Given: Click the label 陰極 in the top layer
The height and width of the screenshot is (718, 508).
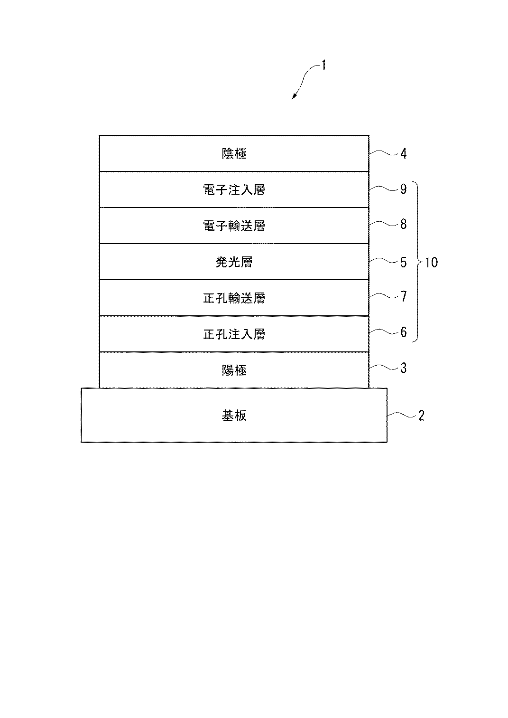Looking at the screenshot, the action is click(x=234, y=153).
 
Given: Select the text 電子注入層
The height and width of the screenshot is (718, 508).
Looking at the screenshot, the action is click(x=234, y=190).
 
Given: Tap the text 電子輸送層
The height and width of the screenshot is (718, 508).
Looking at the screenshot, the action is click(x=234, y=226).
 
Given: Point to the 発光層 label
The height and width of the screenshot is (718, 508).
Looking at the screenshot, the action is click(x=234, y=262).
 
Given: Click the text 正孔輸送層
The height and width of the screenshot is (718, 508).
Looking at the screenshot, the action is click(x=234, y=298).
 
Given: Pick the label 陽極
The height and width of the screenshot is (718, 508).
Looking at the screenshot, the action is click(x=234, y=370).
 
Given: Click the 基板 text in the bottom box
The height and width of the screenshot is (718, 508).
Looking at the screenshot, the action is click(x=234, y=416).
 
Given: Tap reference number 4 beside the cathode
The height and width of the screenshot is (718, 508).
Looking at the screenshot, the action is click(x=404, y=153).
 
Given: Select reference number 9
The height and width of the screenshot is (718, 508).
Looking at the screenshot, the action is click(x=404, y=189).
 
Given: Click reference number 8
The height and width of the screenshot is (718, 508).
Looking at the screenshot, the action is click(x=404, y=224).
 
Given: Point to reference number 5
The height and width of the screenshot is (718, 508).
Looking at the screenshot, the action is click(x=404, y=262).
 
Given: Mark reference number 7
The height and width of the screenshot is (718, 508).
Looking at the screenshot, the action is click(x=404, y=296).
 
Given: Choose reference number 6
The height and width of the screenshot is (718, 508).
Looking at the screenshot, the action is click(x=404, y=332).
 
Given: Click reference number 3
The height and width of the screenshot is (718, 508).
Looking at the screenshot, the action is click(x=404, y=368).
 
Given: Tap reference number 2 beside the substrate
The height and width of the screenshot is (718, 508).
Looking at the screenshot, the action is click(x=422, y=416).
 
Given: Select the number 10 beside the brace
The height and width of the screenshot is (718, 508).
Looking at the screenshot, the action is click(x=431, y=263).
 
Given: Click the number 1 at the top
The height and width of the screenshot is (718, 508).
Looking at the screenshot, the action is click(x=323, y=65).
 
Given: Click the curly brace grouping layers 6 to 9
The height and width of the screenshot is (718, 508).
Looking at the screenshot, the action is click(x=418, y=262).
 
